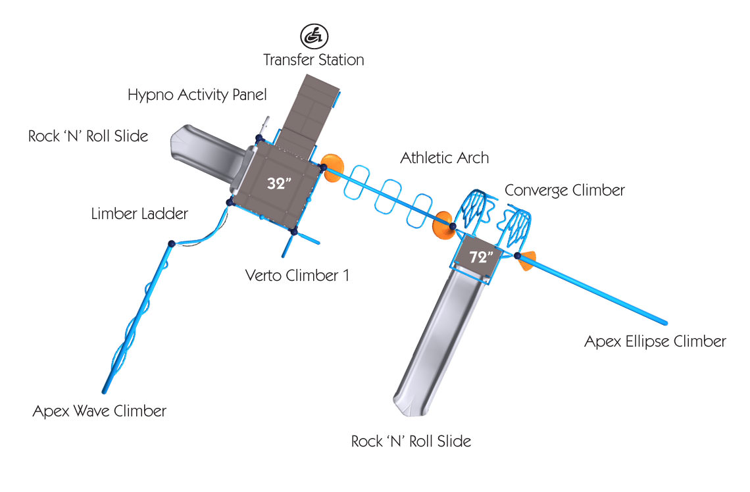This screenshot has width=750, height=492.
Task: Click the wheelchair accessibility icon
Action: tap(314, 36)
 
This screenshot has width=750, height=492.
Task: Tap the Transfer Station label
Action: tap(314, 60)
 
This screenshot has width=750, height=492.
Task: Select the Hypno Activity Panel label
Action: tap(197, 95)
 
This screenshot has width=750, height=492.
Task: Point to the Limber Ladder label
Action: tap(139, 213)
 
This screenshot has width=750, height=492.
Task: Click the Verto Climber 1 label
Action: tap(297, 276)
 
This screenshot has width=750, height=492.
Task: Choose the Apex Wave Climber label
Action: tap(99, 411)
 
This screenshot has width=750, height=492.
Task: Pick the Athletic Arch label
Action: tap(444, 158)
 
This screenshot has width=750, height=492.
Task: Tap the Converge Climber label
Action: tap(564, 190)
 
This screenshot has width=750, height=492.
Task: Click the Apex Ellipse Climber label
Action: tap(655, 341)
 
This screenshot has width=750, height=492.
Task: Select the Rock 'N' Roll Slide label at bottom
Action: tap(411, 441)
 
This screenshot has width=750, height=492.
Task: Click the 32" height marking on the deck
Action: tap(280, 183)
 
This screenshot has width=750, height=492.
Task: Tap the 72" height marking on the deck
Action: tap(481, 257)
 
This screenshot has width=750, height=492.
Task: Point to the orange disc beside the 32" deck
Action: tap(330, 167)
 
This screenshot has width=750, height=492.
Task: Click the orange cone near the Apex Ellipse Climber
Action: tap(527, 260)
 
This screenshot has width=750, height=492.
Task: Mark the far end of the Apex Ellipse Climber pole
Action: tap(665, 323)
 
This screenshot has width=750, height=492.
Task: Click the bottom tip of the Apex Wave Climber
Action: tap(105, 391)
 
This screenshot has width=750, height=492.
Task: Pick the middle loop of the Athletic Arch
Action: tap(387, 197)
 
